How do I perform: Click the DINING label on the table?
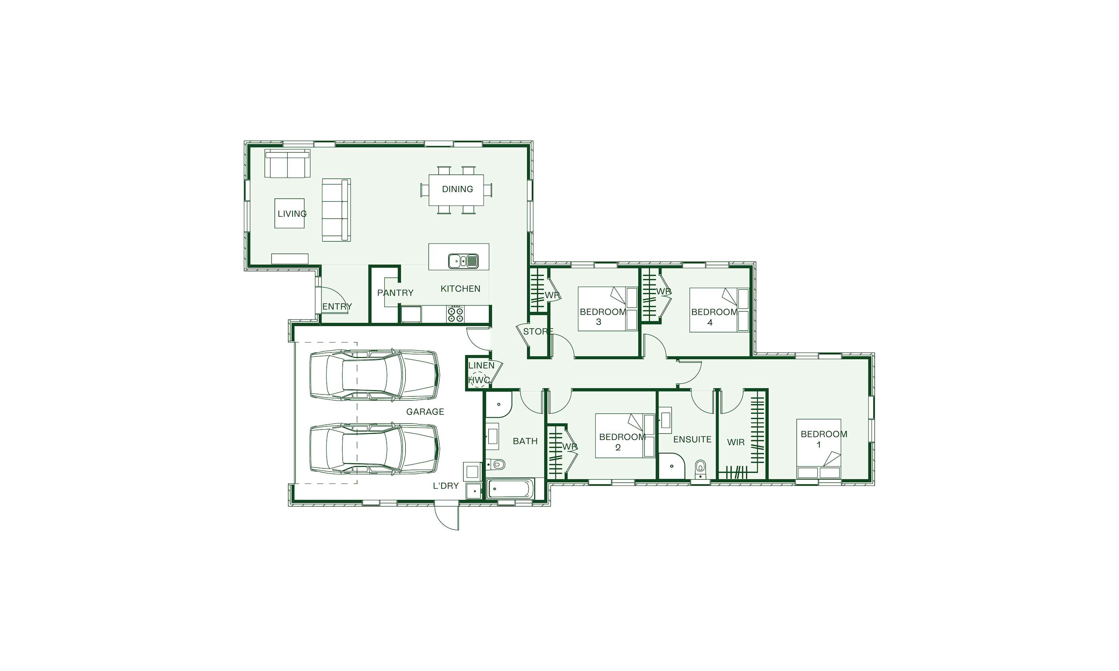457,189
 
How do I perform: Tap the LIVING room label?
292,213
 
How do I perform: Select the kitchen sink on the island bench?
463,261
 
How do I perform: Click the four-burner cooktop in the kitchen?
456,314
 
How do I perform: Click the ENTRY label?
337,307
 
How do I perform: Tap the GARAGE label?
425,411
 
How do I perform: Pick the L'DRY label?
446,486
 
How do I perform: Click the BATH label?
525,441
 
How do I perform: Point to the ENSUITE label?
692,439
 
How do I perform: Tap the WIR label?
736,442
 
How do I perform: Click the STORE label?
538,332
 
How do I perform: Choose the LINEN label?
481,365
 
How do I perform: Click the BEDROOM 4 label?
714,317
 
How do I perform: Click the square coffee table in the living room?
289,213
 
